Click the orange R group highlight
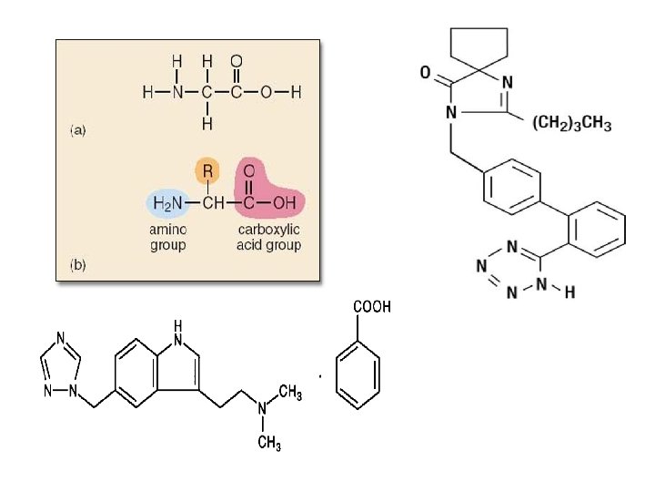[207, 171]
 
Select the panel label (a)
[77, 129]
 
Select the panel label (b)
[77, 266]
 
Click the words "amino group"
[167, 238]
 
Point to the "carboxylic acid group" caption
[268, 238]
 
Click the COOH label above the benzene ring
[372, 307]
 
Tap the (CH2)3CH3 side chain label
[572, 124]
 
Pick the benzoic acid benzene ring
[358, 377]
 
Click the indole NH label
[177, 332]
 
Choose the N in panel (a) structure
[178, 93]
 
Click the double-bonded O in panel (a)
[237, 61]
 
